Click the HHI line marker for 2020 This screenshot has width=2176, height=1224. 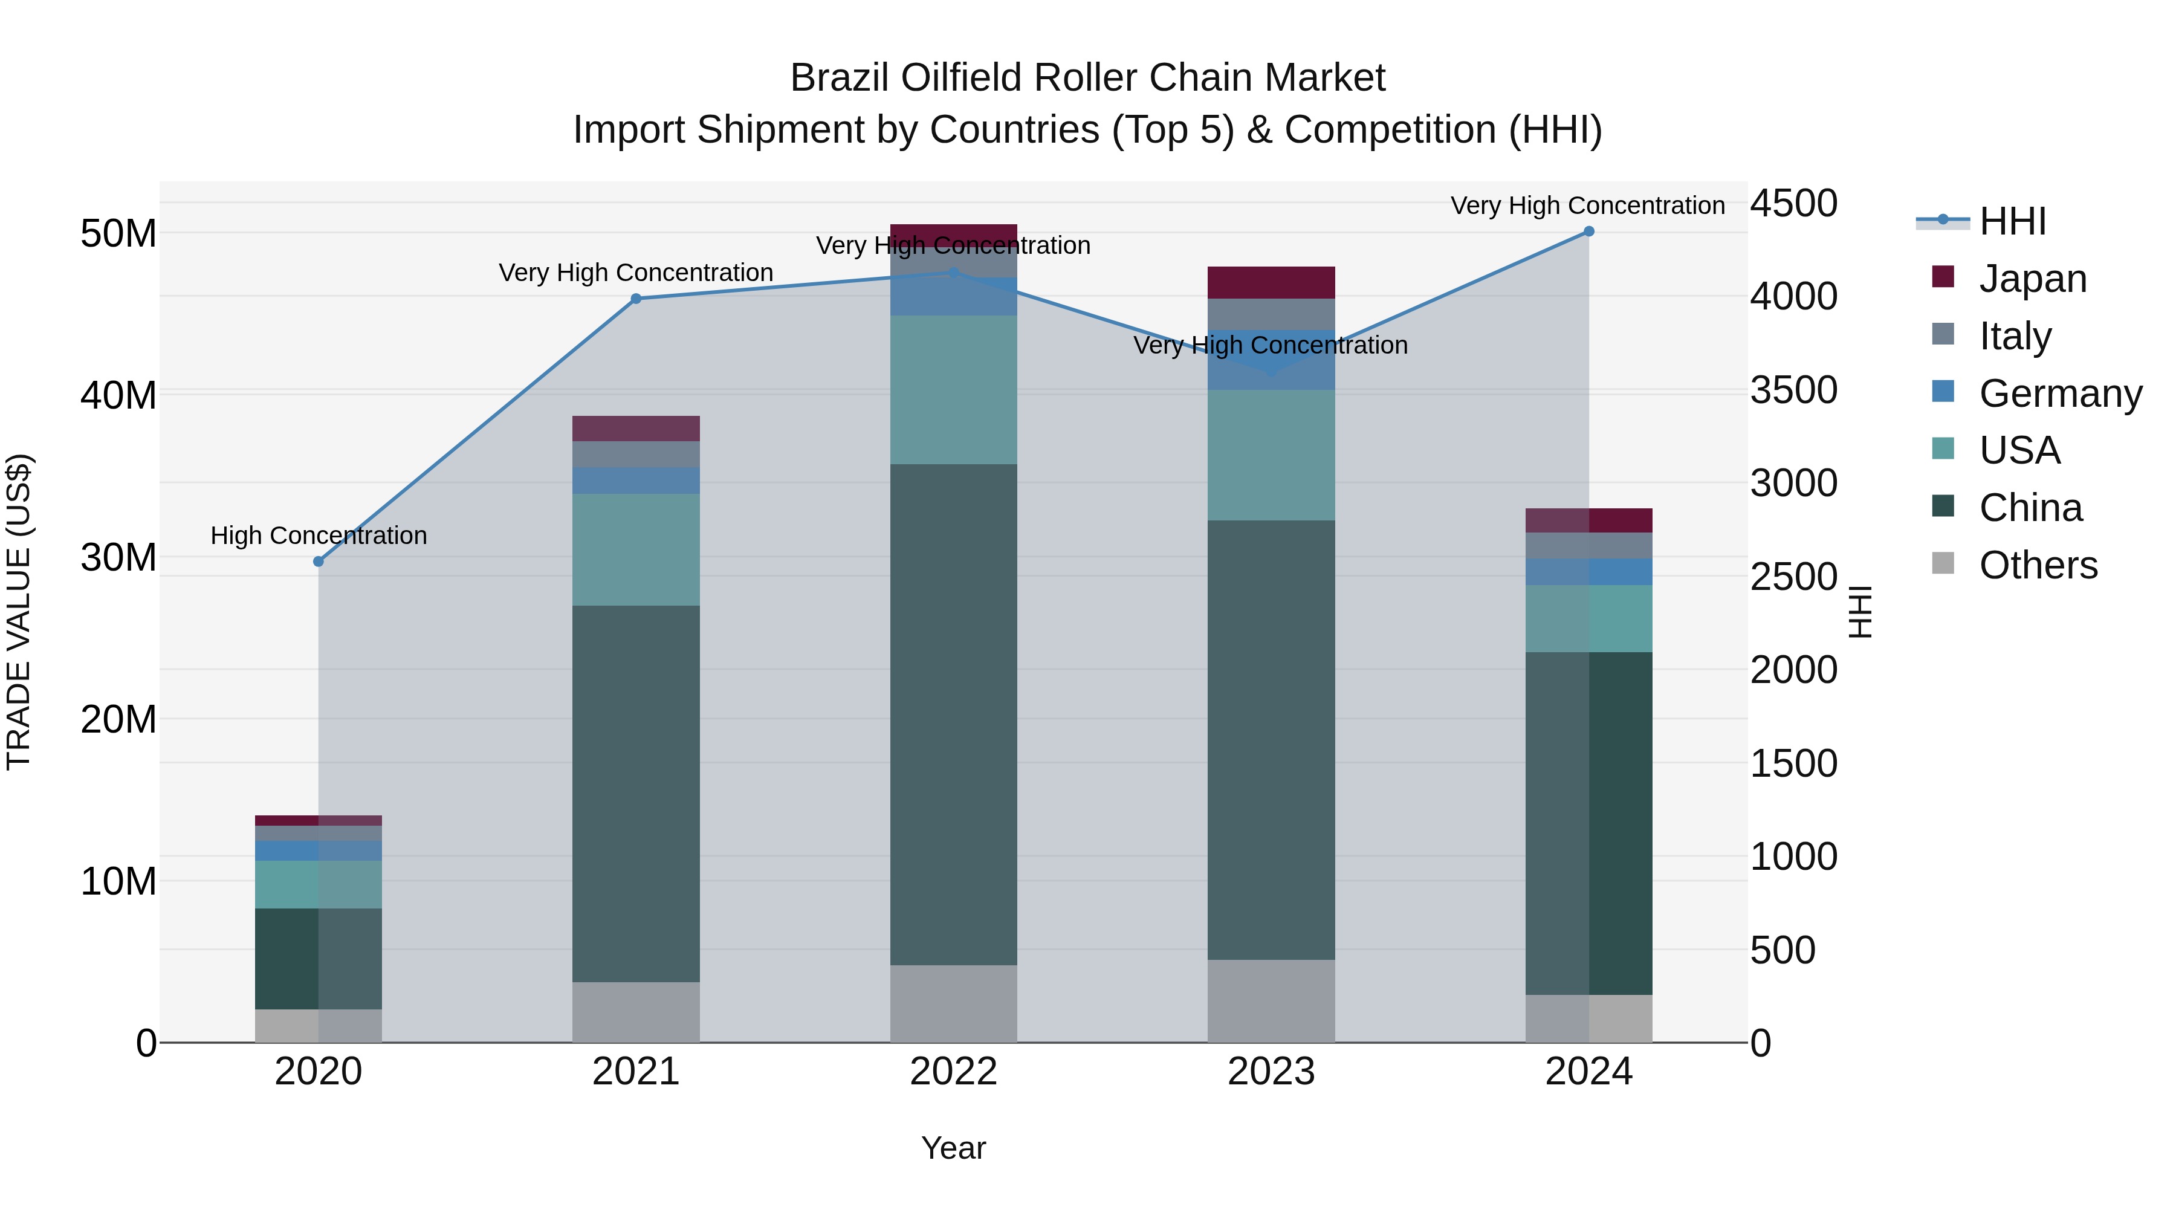pos(319,562)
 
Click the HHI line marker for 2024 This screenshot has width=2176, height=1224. pos(1589,232)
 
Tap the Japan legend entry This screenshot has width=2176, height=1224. pos(2032,278)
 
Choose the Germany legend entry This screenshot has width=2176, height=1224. pos(2059,393)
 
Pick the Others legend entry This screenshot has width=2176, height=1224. pos(2038,565)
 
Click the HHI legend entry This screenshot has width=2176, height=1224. pos(2012,221)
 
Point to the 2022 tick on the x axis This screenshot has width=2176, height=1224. pos(954,1072)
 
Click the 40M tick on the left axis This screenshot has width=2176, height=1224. pos(118,395)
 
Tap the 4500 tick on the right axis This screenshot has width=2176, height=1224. pos(1793,204)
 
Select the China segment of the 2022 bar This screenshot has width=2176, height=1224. pos(954,714)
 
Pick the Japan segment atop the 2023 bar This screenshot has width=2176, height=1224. pos(1271,282)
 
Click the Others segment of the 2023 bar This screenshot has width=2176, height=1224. pos(1271,1000)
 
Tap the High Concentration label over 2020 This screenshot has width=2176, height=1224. pos(319,536)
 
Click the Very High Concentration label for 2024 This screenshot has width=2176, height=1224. pos(1587,206)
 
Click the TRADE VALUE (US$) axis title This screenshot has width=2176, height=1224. pos(19,612)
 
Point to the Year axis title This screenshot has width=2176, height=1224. pos(954,1148)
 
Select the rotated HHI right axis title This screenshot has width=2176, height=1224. pos(1860,612)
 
